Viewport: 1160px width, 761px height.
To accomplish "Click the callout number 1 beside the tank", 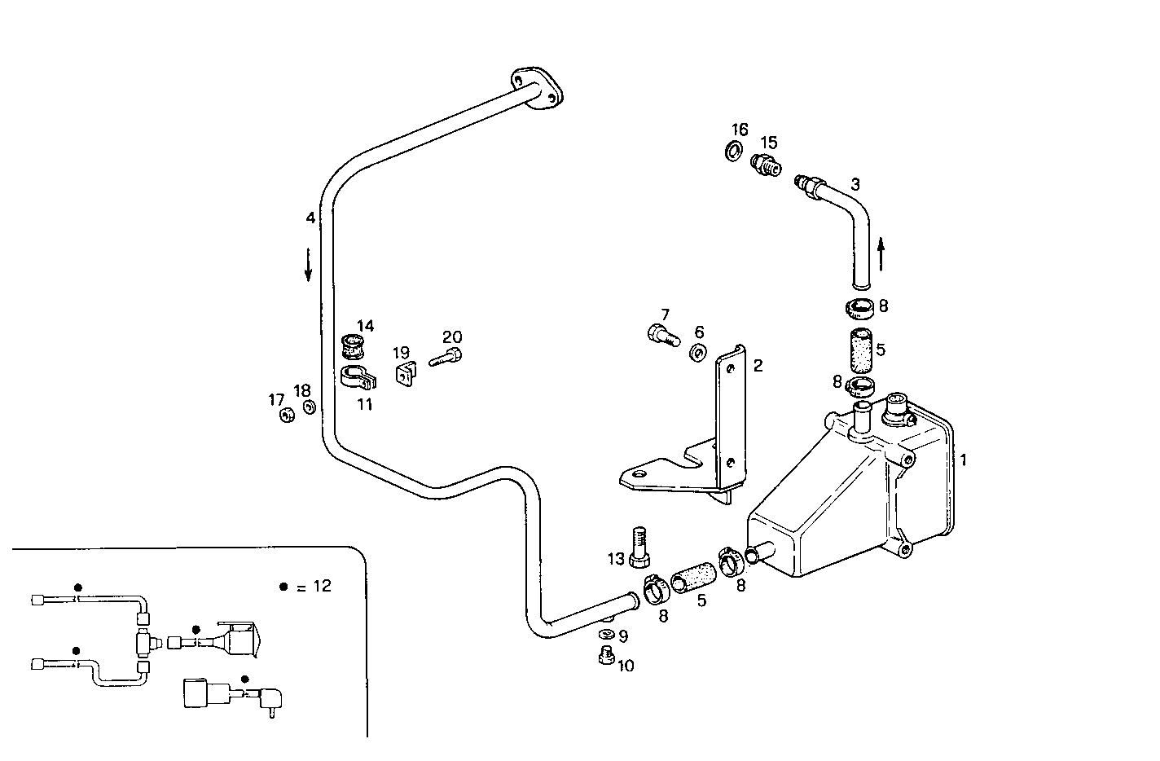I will [963, 460].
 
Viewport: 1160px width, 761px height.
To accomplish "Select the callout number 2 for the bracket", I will [758, 366].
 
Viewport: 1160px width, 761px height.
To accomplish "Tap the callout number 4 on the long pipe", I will [310, 218].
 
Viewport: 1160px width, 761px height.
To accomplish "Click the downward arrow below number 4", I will [309, 264].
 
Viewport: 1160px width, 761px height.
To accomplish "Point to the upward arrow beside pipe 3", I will [881, 253].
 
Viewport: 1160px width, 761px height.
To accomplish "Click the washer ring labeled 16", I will [733, 150].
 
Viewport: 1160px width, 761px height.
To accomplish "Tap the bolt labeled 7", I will [661, 334].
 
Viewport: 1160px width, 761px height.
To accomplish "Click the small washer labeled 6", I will [698, 353].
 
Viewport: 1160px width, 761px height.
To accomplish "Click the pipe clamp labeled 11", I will [355, 378].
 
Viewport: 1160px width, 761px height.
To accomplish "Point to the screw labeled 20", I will [444, 357].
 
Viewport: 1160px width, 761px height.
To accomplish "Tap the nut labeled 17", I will [286, 416].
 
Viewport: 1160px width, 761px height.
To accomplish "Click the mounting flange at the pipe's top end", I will [536, 88].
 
